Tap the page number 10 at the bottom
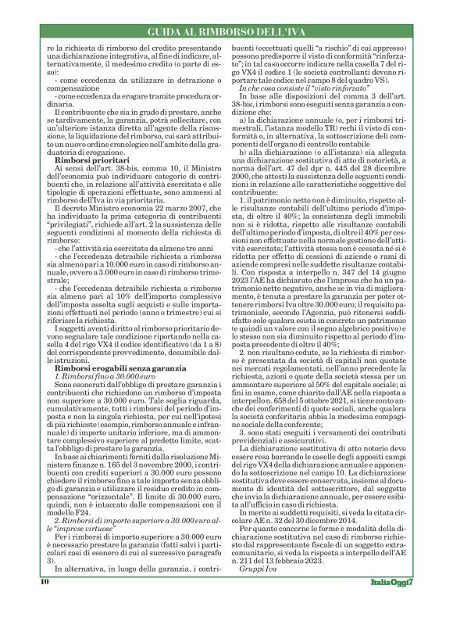(x=45, y=605)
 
